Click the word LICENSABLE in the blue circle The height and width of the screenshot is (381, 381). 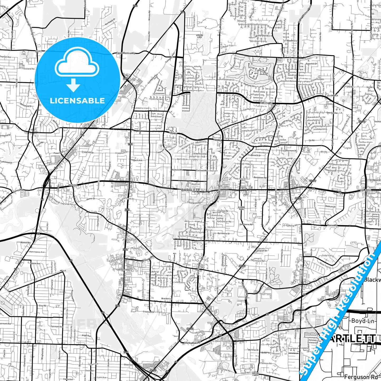77,101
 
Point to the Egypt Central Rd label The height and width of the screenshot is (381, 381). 126,53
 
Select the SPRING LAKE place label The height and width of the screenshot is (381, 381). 200,36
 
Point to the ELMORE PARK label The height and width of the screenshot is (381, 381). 241,208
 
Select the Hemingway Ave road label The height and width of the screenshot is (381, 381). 37,252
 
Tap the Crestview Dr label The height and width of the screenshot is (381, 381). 148,312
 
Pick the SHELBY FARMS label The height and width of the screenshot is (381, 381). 255,374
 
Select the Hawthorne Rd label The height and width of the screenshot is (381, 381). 246,224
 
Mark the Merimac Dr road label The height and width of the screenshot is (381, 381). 253,350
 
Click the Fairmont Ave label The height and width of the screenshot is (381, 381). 57,327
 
